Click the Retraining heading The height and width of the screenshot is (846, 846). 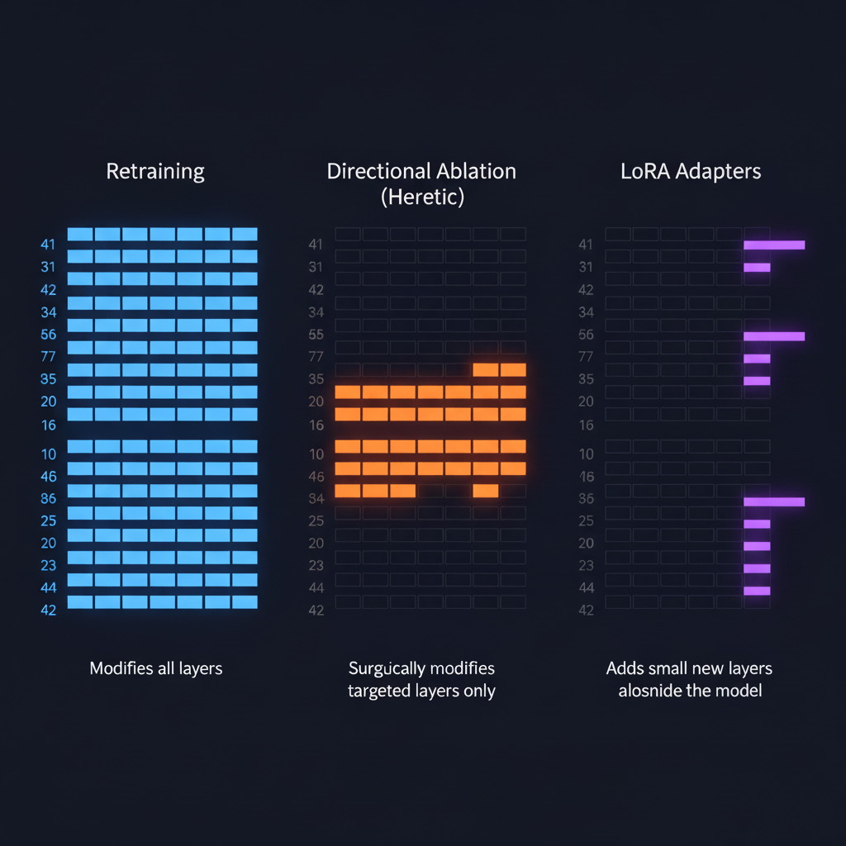point(155,172)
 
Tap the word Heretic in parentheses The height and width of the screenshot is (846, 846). point(421,197)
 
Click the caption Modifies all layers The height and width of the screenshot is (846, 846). point(155,668)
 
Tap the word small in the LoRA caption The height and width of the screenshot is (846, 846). point(676,668)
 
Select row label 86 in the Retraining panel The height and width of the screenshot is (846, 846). point(48,498)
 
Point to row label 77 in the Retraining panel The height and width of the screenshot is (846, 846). point(48,357)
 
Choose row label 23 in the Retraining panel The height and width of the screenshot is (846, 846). point(48,565)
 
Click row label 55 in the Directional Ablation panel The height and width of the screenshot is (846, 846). point(316,335)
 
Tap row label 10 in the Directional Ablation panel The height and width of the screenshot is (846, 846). point(316,454)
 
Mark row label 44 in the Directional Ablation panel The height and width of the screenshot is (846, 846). point(316,587)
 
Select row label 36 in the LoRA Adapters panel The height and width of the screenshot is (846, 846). point(587,498)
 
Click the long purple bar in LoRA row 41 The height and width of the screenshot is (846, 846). point(774,245)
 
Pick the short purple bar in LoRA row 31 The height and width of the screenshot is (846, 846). point(757,267)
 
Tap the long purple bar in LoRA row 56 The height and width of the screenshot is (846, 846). point(774,336)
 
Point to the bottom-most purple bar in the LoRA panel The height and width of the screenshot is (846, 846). point(757,591)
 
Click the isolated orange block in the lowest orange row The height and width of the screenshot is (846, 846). point(485,491)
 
